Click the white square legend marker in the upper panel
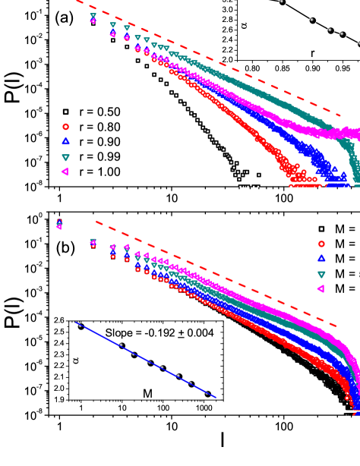click(x=65, y=112)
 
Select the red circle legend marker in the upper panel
click(x=65, y=127)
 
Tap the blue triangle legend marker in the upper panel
click(x=65, y=142)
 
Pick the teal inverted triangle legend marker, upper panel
click(x=65, y=157)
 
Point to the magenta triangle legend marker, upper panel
click(x=65, y=172)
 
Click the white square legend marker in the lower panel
click(x=321, y=228)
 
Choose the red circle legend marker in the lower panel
click(x=321, y=244)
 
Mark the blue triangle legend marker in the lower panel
click(x=321, y=259)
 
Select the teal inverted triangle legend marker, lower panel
click(x=321, y=274)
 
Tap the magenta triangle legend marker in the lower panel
click(x=321, y=288)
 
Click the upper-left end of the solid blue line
click(x=75, y=323)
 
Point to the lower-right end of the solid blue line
click(x=216, y=397)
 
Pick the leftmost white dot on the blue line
click(x=80, y=326)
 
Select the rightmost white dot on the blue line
click(x=207, y=392)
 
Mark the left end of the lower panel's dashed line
click(x=96, y=222)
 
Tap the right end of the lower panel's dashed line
click(x=336, y=326)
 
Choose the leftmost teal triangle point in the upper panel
click(x=93, y=15)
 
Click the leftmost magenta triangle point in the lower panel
click(x=59, y=226)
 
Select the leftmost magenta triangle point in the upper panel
click(x=93, y=21)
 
